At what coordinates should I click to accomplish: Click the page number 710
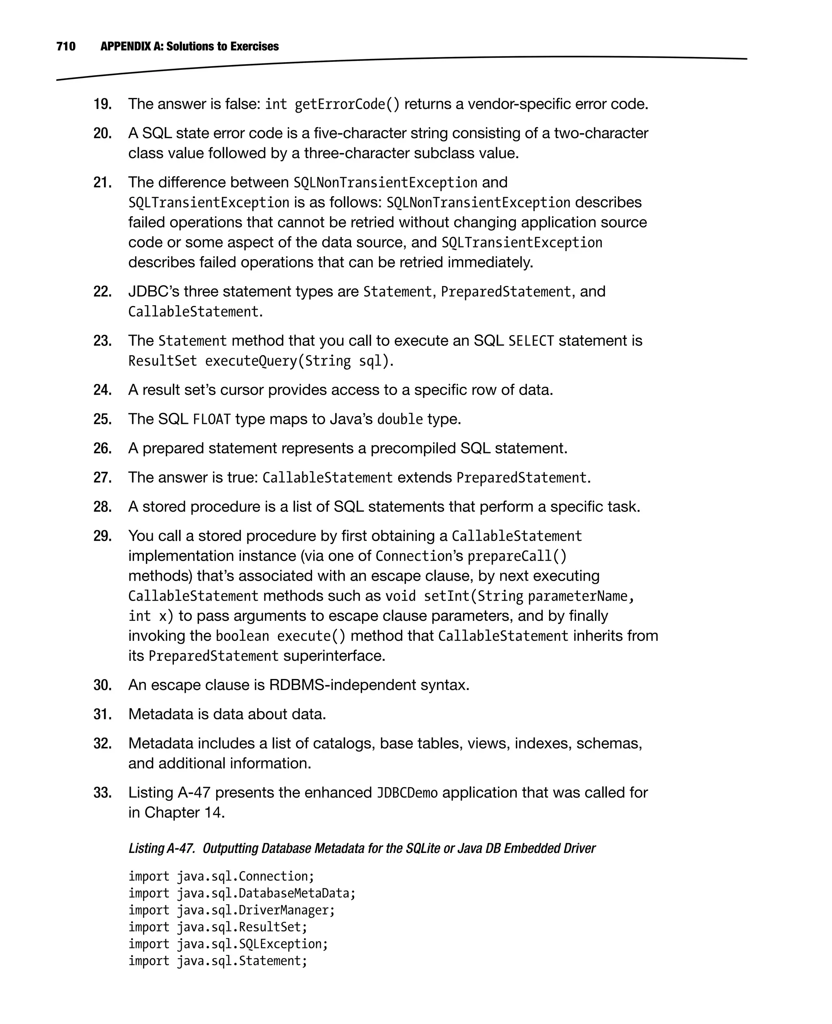click(66, 46)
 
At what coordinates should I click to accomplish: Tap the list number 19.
click(102, 104)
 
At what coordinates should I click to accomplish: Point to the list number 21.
click(102, 182)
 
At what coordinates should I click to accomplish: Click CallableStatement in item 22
click(193, 312)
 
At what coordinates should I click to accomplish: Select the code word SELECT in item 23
click(531, 341)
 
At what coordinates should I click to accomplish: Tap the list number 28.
click(102, 507)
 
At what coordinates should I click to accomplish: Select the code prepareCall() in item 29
click(517, 557)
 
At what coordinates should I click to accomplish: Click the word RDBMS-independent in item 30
click(342, 685)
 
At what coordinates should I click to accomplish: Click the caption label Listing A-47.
click(161, 848)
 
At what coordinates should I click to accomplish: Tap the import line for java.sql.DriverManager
click(232, 910)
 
